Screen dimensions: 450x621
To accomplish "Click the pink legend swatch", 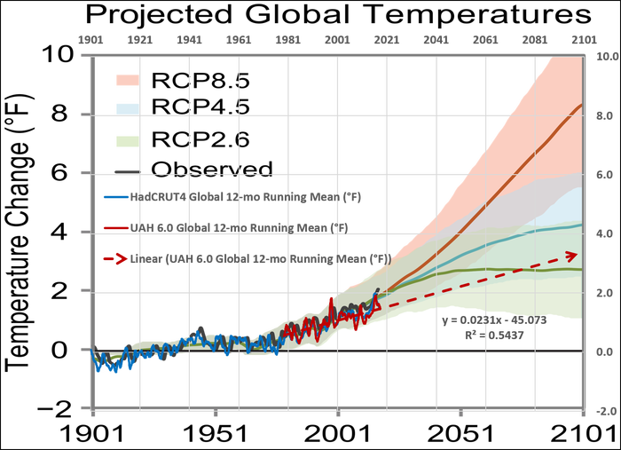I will pos(125,80).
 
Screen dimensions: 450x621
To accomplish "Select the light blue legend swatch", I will pos(125,109).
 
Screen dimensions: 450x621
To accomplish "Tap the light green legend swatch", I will pos(125,140).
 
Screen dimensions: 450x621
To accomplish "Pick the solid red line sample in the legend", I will pos(116,227).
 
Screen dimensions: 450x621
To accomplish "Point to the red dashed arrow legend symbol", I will pos(116,259).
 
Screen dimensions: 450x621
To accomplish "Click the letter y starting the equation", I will pos(445,320).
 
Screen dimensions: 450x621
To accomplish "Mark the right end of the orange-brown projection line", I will pos(581,105).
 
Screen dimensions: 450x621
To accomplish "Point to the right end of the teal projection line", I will pos(581,225).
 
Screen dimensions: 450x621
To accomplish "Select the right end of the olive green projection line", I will pos(581,269).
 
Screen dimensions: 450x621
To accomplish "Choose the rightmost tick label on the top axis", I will pos(582,40).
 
